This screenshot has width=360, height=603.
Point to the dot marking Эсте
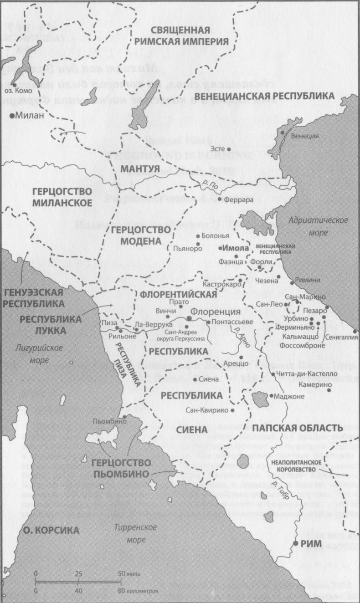pos(229,149)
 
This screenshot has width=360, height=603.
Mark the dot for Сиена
pos(195,379)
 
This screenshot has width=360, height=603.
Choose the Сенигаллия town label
pos(342,337)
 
